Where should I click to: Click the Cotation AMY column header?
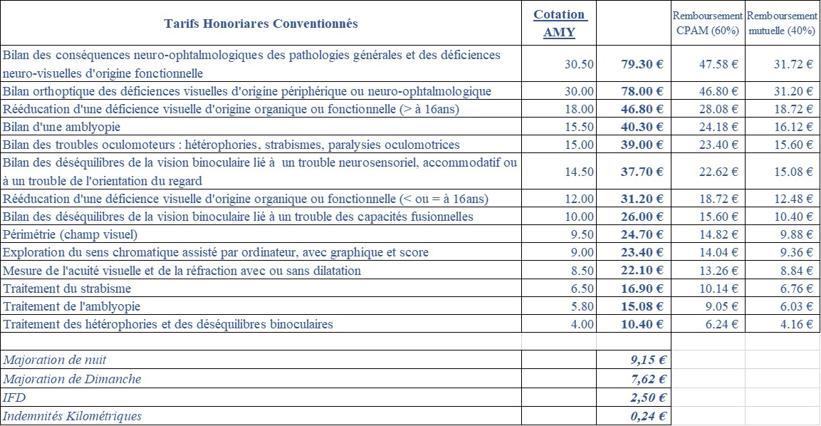pos(559,24)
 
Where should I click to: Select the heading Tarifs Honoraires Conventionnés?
pos(261,24)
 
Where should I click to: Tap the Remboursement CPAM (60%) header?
pos(707,24)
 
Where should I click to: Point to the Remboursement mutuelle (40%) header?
pos(781,24)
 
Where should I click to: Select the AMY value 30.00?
pos(579,91)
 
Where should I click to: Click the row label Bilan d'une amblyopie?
pos(62,127)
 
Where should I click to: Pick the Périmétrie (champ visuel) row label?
pos(70,234)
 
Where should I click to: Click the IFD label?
pos(14,398)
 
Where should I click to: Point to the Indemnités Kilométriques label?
pos(73,416)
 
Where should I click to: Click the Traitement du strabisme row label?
pos(67,289)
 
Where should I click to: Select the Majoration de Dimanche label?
pos(72,379)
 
